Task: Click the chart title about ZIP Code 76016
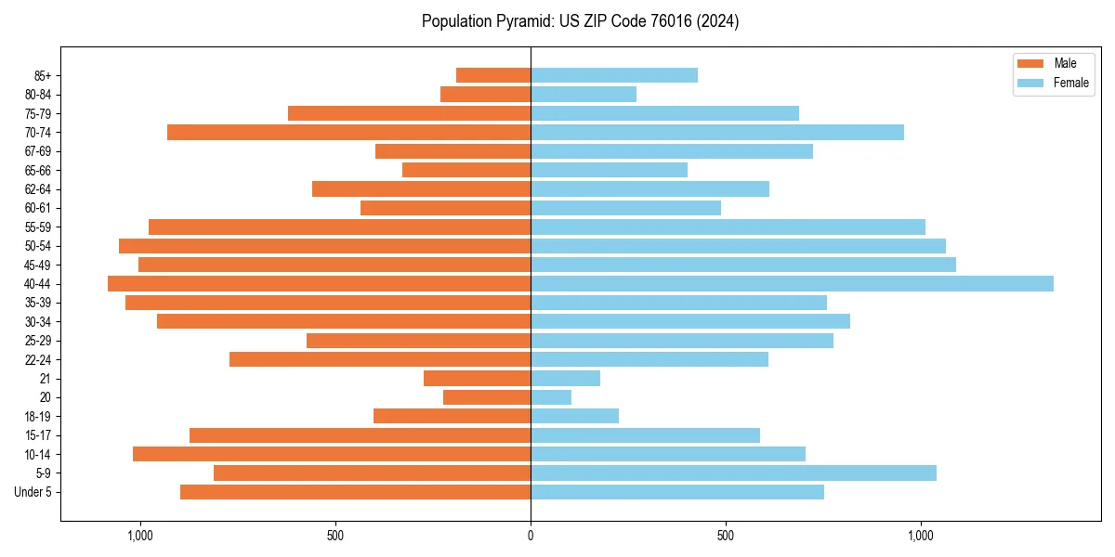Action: click(580, 21)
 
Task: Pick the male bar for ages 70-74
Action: click(348, 132)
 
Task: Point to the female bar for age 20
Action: click(551, 397)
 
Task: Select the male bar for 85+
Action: click(493, 75)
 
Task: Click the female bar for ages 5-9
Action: click(733, 473)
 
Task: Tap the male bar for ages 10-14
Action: click(332, 454)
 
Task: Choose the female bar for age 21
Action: click(565, 378)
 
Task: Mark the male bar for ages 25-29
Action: click(418, 341)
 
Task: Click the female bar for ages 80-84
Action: click(584, 94)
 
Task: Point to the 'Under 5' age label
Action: click(33, 492)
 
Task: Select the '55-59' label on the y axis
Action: click(38, 227)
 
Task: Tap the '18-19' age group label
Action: click(38, 416)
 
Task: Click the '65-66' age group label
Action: click(38, 170)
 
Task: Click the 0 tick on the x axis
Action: click(531, 536)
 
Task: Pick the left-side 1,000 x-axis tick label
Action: click(140, 536)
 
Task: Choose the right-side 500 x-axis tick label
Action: click(726, 536)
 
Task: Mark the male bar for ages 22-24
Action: click(380, 359)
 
